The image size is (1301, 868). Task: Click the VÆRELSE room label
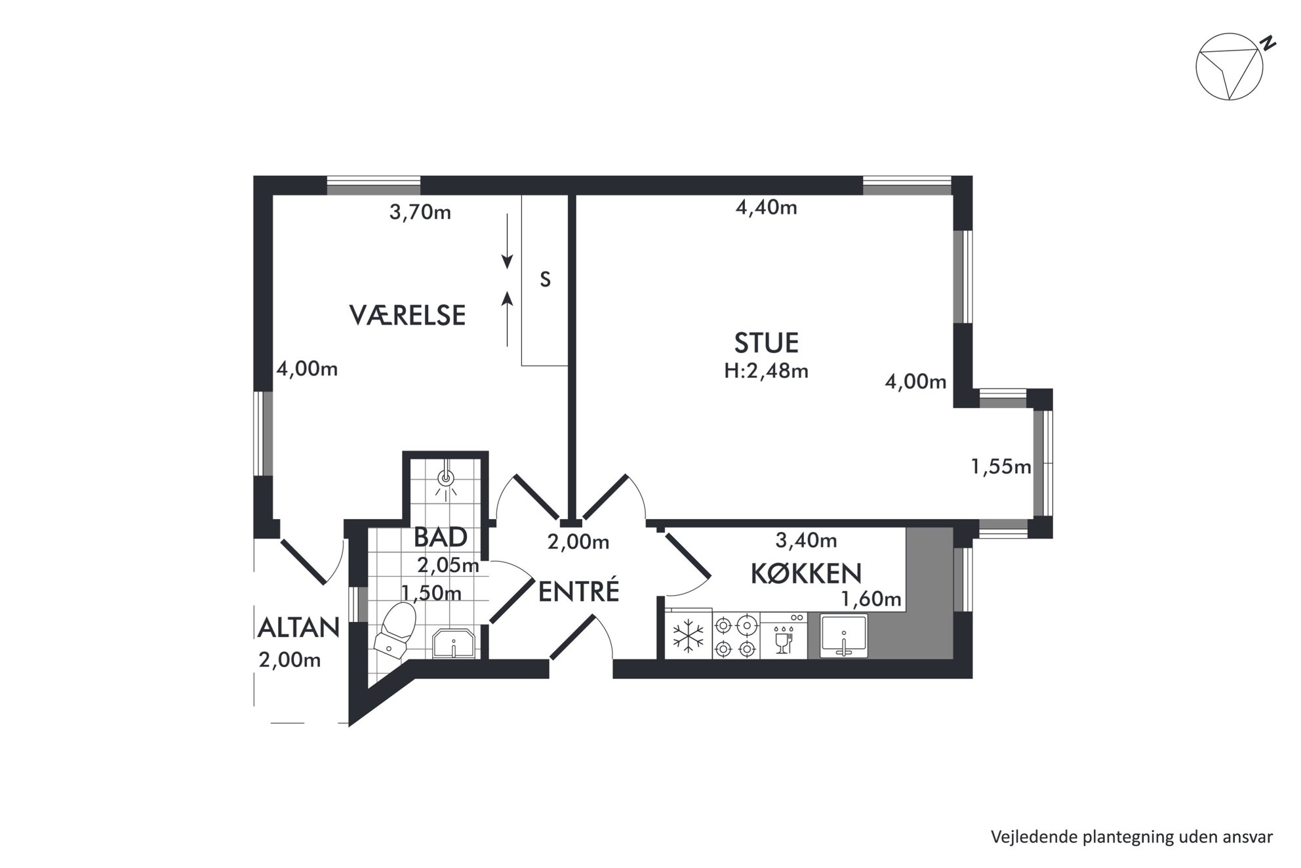(407, 316)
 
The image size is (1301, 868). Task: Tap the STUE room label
(766, 343)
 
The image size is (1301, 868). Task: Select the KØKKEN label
(806, 573)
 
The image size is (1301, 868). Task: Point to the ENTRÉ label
(578, 591)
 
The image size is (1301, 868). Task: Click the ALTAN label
(299, 628)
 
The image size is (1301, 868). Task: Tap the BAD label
(440, 537)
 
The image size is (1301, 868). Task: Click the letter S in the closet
(545, 280)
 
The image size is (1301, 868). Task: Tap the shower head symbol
(447, 480)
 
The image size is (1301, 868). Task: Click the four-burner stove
(735, 635)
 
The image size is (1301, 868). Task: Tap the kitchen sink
(844, 635)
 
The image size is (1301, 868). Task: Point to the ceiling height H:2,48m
(766, 371)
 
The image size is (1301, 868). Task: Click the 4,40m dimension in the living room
(766, 207)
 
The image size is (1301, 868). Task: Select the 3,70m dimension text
(420, 212)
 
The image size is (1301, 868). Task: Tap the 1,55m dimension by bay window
(1001, 466)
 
